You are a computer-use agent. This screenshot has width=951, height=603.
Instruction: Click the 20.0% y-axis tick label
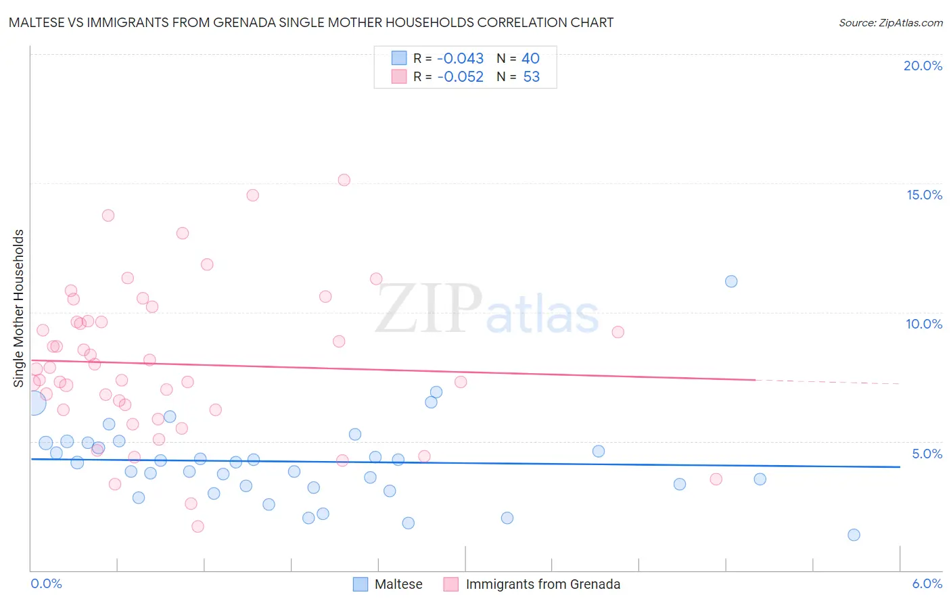pos(923,66)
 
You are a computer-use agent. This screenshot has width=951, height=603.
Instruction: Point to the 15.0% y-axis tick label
pos(924,195)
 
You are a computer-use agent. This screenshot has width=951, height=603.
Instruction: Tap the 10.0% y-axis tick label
pos(924,324)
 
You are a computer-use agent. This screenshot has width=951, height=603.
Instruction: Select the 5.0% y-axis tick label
pos(927,454)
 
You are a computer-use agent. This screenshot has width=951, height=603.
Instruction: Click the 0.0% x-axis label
pos(46,583)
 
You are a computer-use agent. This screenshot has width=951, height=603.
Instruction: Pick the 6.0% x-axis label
pos(927,583)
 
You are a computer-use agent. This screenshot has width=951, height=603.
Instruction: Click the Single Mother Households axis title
pos(19,308)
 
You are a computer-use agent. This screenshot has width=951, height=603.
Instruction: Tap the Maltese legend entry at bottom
pos(398,584)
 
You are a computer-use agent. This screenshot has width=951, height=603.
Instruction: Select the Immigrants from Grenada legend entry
pos(542,584)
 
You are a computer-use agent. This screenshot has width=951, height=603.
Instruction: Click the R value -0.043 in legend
pos(460,59)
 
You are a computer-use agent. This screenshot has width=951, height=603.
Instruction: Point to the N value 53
pos(531,77)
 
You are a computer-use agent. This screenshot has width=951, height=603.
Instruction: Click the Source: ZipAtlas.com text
pos(890,23)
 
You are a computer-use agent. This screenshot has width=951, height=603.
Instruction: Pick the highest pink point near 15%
pos(344,180)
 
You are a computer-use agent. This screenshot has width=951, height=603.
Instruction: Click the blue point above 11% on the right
pos(731,281)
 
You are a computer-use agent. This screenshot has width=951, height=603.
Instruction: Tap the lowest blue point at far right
pos(854,535)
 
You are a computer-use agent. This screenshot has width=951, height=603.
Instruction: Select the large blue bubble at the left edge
pos(34,403)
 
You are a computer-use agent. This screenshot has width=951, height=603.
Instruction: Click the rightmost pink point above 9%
pos(618,332)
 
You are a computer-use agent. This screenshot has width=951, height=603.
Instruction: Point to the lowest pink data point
pos(198,526)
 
